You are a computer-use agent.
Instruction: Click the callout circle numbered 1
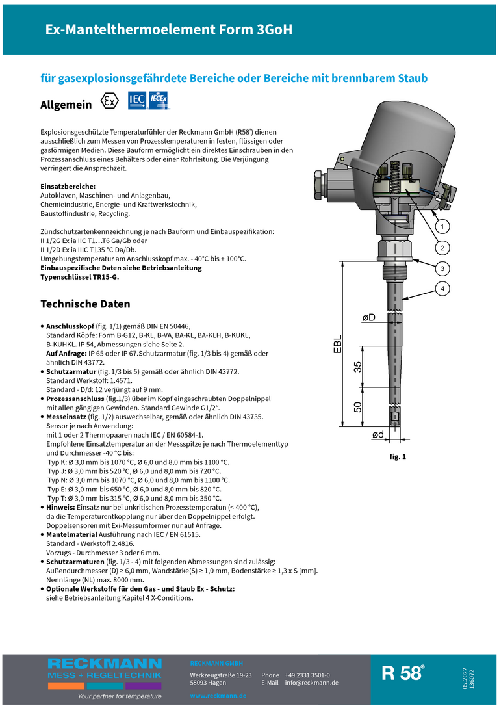[x=441, y=227]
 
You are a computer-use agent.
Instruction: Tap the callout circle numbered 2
[x=441, y=248]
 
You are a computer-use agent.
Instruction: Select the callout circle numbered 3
[x=441, y=268]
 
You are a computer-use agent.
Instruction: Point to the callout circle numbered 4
[x=441, y=288]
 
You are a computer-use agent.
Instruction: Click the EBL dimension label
[x=338, y=345]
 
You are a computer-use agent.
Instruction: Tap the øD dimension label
[x=368, y=317]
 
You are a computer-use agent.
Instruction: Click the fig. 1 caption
[x=398, y=457]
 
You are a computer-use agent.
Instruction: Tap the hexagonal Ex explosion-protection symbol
[x=110, y=102]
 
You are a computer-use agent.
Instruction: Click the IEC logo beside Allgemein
[x=136, y=101]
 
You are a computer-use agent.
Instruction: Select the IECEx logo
[x=159, y=101]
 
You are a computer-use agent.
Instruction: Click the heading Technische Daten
[x=85, y=304]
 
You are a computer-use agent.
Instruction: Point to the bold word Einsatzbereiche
[x=68, y=187]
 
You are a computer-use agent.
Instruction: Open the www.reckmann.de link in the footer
[x=218, y=696]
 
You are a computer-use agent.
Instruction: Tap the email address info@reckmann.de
[x=312, y=683]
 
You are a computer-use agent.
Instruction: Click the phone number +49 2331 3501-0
[x=307, y=675]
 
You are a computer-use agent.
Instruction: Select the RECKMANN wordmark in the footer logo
[x=104, y=664]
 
